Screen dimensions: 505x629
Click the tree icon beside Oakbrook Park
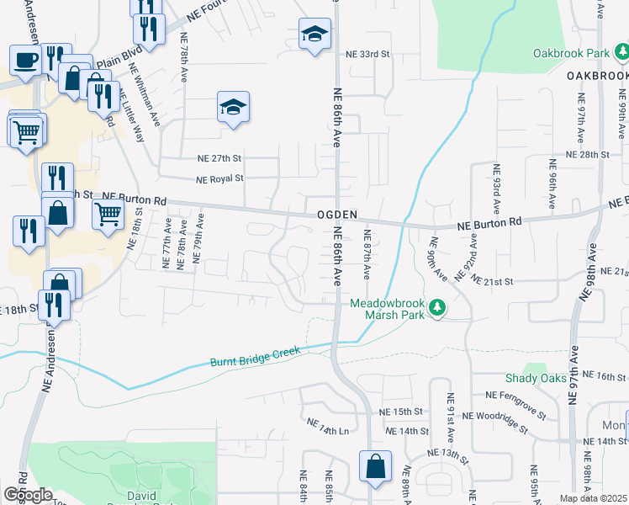(x=621, y=52)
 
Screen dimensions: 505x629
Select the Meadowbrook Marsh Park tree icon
(x=436, y=309)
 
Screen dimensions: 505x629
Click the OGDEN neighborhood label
(x=338, y=215)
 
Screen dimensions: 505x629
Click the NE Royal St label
(x=219, y=178)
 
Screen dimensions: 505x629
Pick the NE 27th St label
(x=219, y=158)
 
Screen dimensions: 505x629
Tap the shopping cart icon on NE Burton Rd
(x=108, y=215)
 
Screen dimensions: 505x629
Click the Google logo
(x=28, y=494)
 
